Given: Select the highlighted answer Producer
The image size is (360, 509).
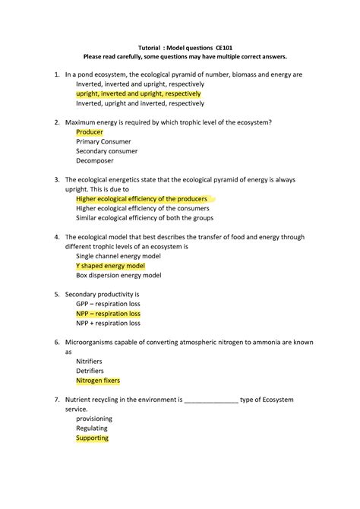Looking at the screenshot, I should coord(90,131).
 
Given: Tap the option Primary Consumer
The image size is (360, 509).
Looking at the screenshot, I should coord(103,141).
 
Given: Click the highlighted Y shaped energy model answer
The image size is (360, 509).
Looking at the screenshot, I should coord(110,266).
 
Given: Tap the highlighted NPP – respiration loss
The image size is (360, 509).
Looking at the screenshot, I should coord(108,313).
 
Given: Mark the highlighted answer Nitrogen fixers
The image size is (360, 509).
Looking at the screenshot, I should coord(98,381).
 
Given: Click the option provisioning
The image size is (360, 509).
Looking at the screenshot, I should coord(94,419).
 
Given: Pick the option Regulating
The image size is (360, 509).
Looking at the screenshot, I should coord(92,428).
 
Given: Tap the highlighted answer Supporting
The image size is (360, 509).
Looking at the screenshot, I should coord(93,438).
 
